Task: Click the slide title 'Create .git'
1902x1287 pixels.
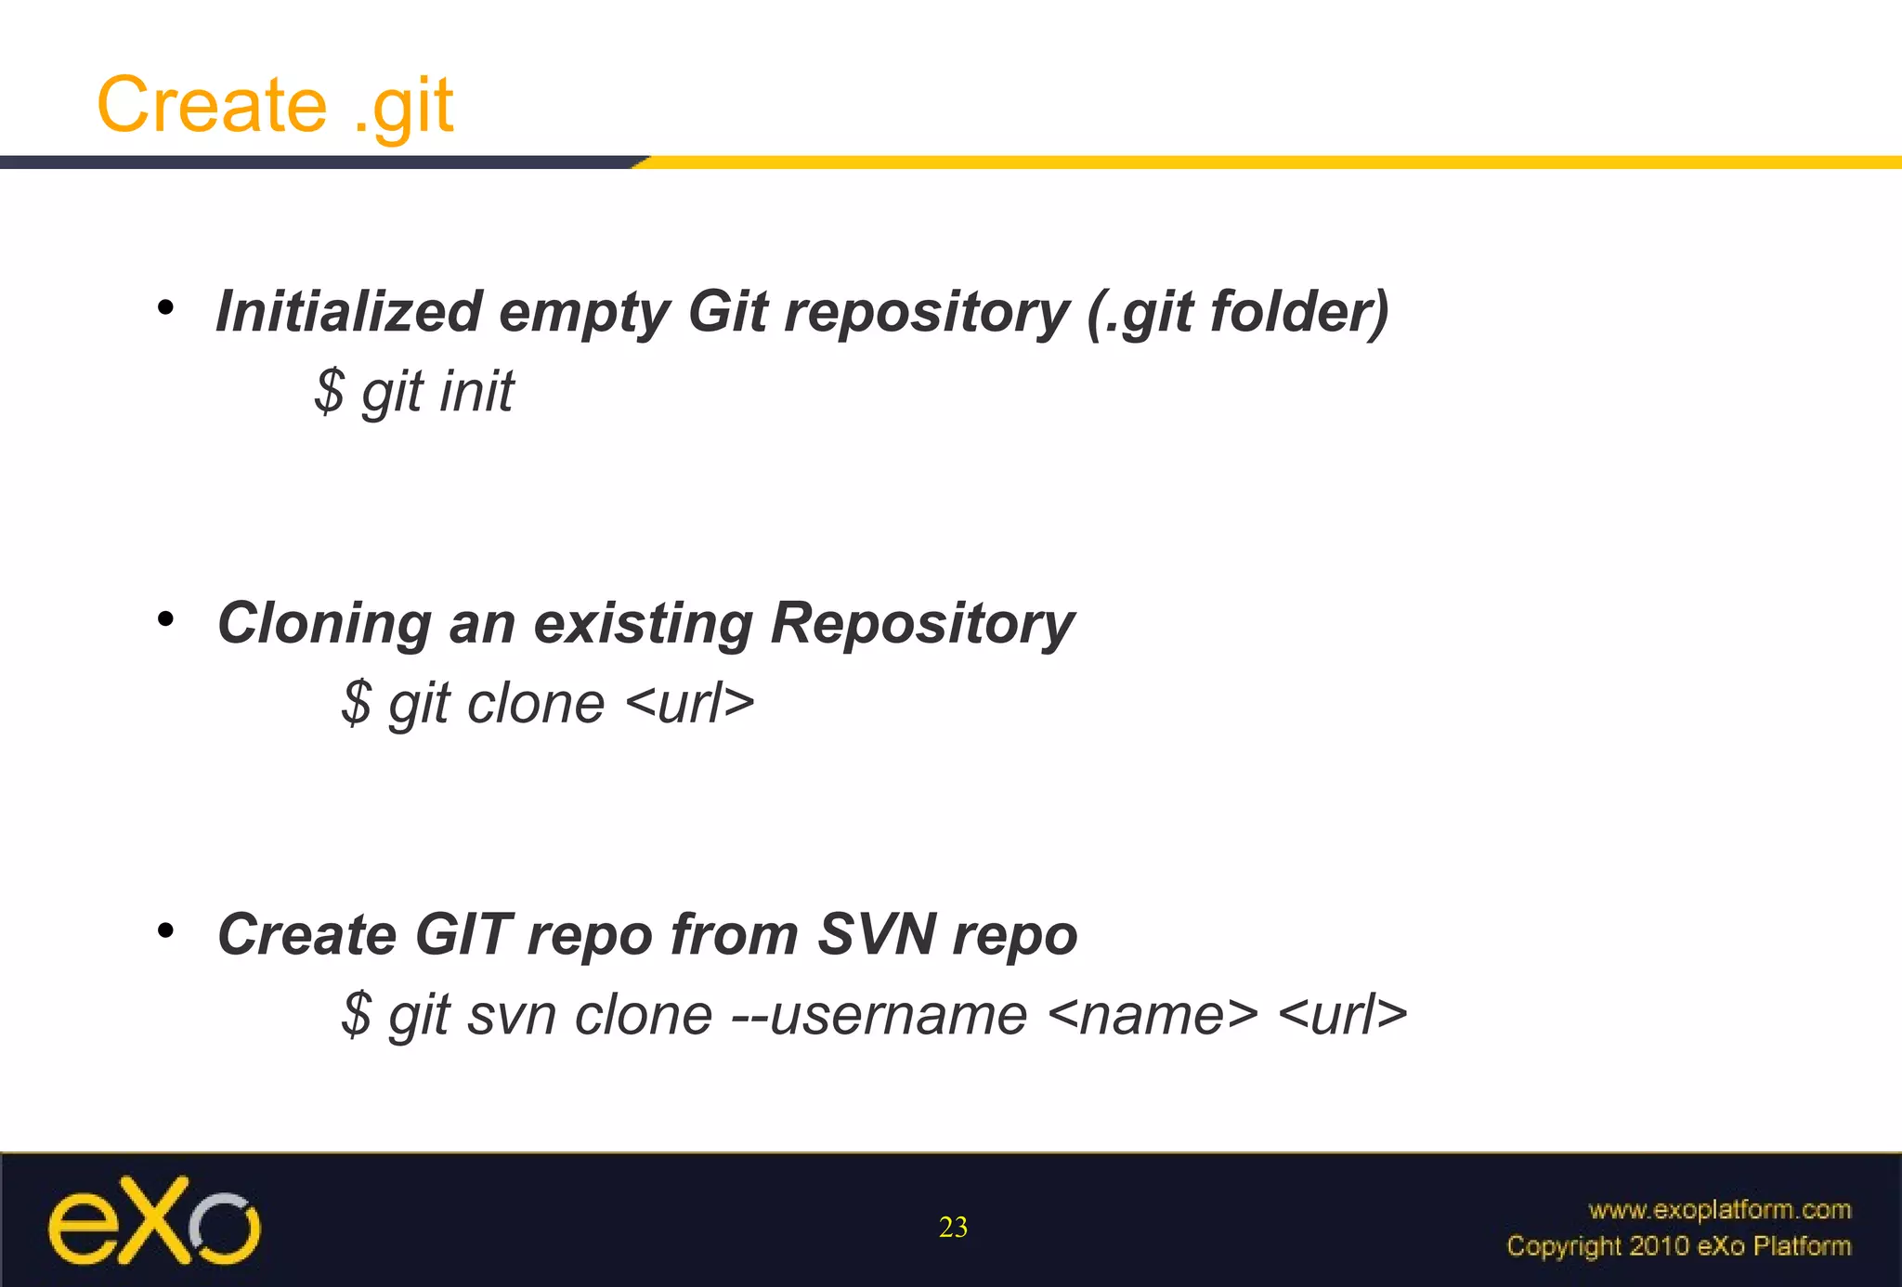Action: pyautogui.click(x=275, y=105)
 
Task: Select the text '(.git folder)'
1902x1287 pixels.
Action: pyautogui.click(x=1238, y=312)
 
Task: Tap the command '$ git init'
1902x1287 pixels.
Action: pyautogui.click(x=413, y=391)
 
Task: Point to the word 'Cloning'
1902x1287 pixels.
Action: pyautogui.click(x=324, y=622)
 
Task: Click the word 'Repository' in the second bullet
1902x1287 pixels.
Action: pyautogui.click(x=922, y=623)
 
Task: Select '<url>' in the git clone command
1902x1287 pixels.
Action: pyautogui.click(x=690, y=703)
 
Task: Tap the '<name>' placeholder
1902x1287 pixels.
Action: pyautogui.click(x=1153, y=1014)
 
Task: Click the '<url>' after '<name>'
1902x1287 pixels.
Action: pyautogui.click(x=1343, y=1014)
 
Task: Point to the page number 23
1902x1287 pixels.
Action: pyautogui.click(x=953, y=1228)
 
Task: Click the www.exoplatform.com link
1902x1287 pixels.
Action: pyautogui.click(x=1719, y=1209)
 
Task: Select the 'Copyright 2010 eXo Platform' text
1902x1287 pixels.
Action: pyautogui.click(x=1678, y=1245)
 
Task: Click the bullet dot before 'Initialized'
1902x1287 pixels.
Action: pyautogui.click(x=165, y=307)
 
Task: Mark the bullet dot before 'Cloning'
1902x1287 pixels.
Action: pyautogui.click(x=165, y=619)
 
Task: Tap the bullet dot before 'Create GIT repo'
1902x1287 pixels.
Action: pyautogui.click(x=165, y=930)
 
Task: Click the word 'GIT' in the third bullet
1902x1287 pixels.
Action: pyautogui.click(x=462, y=934)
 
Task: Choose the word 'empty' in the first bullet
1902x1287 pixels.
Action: pyautogui.click(x=584, y=313)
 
